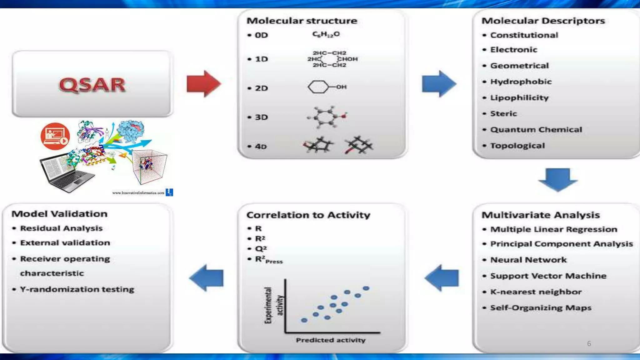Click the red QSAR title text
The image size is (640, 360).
92,85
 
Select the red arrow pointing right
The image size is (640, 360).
203,84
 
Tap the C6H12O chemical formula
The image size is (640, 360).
326,34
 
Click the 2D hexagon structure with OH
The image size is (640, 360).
327,87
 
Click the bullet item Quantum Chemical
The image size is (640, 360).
536,130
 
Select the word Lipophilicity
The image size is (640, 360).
519,98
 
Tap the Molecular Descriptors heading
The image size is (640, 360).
543,21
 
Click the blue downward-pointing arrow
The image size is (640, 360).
558,179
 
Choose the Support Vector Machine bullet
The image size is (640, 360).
548,276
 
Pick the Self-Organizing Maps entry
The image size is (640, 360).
541,308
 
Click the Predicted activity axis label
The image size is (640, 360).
331,340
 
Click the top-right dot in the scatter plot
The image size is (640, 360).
366,288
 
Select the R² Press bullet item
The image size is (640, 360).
268,260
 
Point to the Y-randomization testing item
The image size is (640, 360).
77,289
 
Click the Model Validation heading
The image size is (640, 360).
59,214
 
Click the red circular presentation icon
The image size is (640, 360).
55,136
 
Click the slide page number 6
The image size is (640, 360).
589,344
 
